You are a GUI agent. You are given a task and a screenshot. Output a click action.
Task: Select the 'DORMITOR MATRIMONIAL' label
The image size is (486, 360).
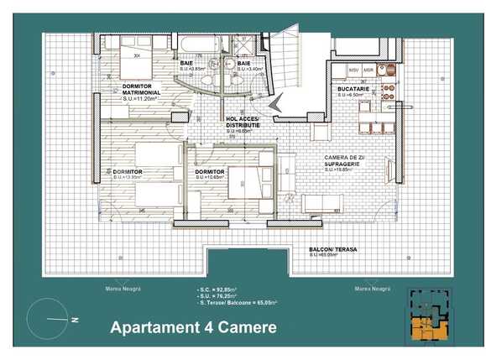(x=141, y=88)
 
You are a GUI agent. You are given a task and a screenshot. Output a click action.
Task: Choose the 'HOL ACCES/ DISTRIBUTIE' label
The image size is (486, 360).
(x=243, y=123)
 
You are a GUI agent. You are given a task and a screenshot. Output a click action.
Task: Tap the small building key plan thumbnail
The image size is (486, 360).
(x=433, y=316)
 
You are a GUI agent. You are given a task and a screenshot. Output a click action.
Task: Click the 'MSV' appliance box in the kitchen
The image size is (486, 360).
(x=354, y=69)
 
